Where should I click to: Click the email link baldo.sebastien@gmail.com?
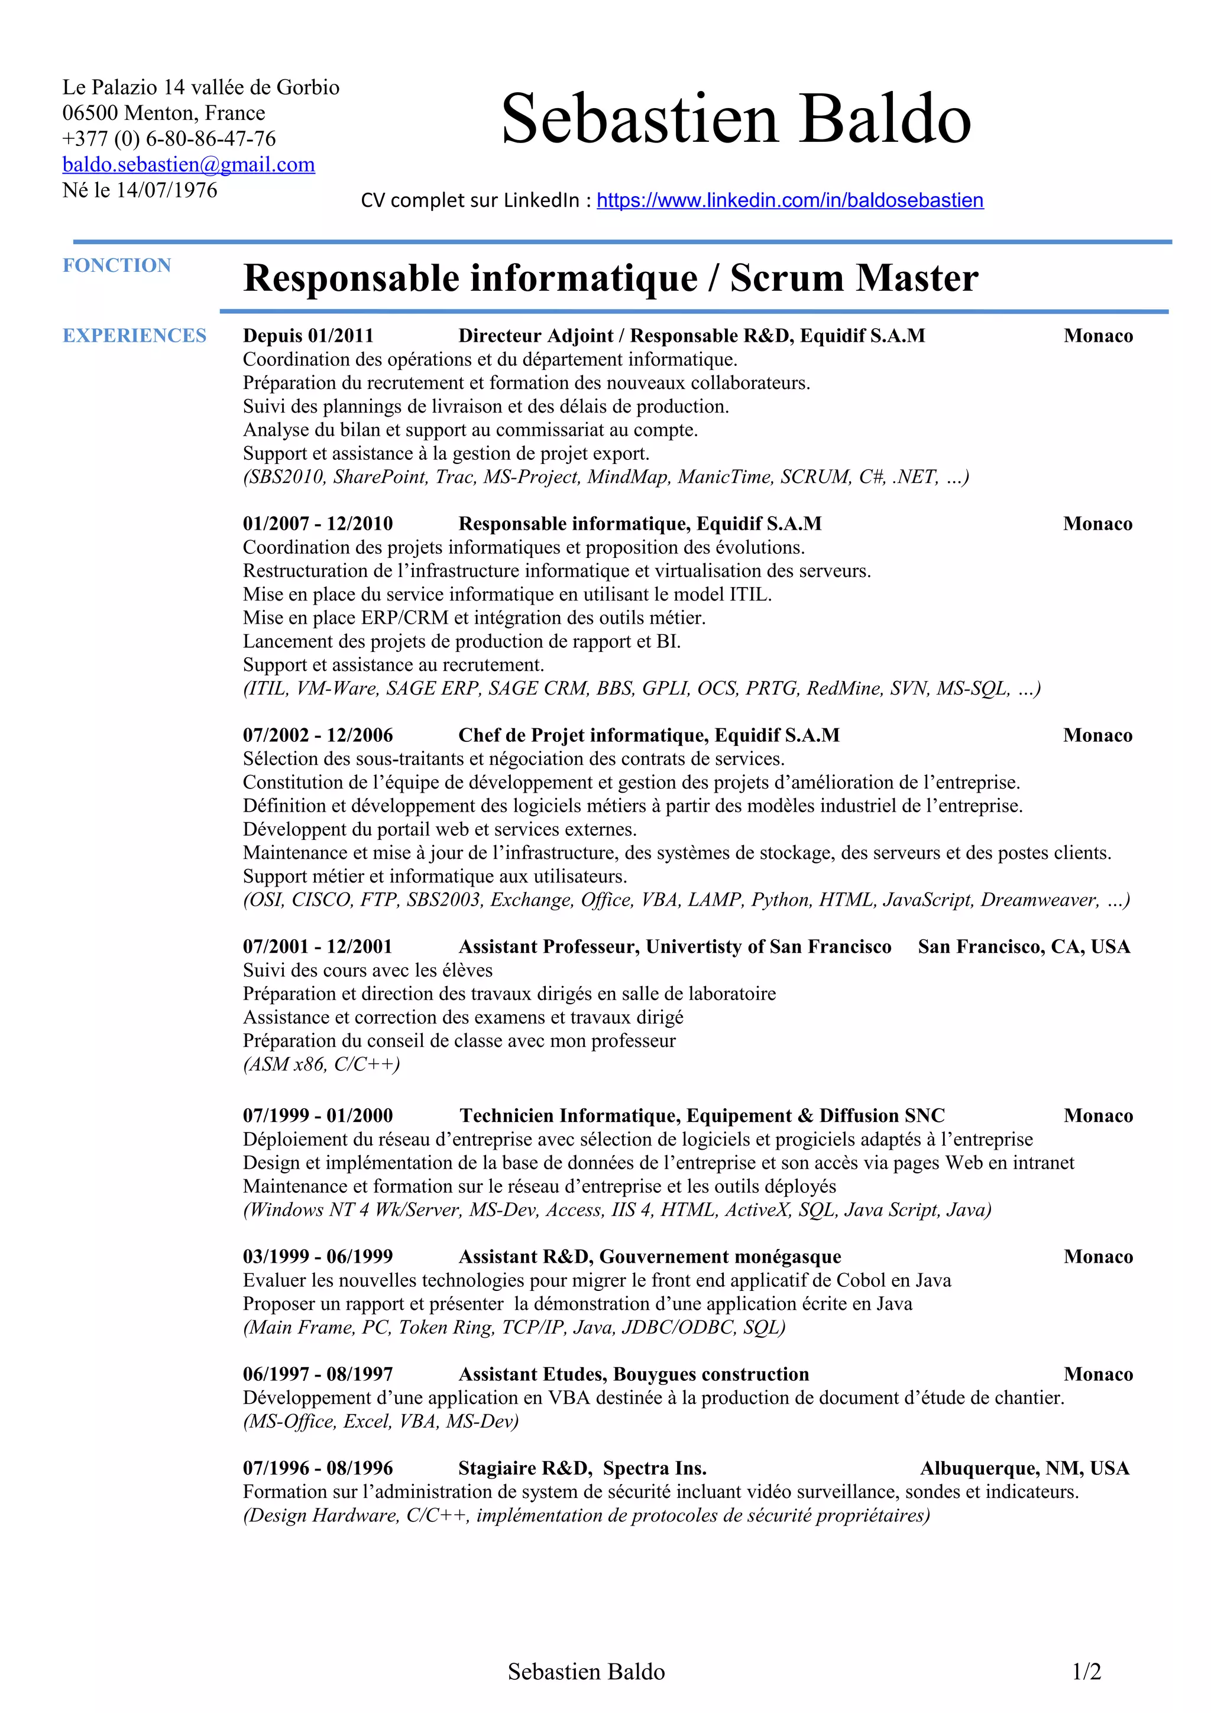pyautogui.click(x=188, y=164)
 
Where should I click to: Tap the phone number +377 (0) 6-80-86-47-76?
pyautogui.click(x=169, y=138)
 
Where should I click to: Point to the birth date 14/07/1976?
pyautogui.click(x=166, y=190)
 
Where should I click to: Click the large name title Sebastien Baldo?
pyautogui.click(x=736, y=119)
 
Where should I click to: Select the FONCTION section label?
pyautogui.click(x=116, y=265)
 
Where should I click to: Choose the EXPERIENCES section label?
pyautogui.click(x=134, y=336)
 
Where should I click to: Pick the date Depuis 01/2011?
pyautogui.click(x=307, y=336)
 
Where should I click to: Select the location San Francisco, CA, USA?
pyautogui.click(x=1024, y=947)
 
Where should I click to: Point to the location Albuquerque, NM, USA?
pyautogui.click(x=1025, y=1468)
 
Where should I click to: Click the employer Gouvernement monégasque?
pyautogui.click(x=720, y=1257)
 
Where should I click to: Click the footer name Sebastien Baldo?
pyautogui.click(x=586, y=1672)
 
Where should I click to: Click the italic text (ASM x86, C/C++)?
pyautogui.click(x=322, y=1064)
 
